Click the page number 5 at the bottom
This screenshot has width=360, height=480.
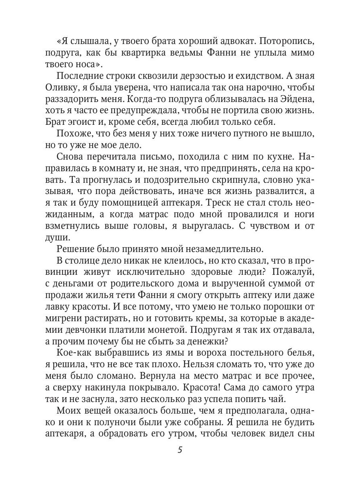(180, 450)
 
